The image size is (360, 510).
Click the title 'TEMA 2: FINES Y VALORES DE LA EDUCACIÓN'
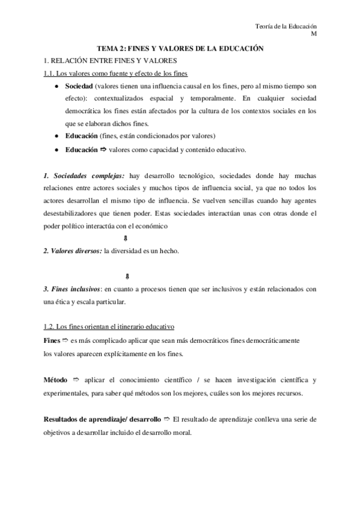click(181, 48)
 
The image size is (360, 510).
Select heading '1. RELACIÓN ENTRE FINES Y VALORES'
click(106, 60)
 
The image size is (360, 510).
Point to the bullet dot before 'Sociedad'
click(56, 87)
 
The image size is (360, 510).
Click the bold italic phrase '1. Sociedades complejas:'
click(84, 175)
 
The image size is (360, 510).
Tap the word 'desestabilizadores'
click(75, 213)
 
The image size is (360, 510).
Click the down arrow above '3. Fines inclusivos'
click(128, 277)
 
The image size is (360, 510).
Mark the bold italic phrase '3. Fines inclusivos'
click(71, 289)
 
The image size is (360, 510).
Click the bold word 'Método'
click(55, 381)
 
